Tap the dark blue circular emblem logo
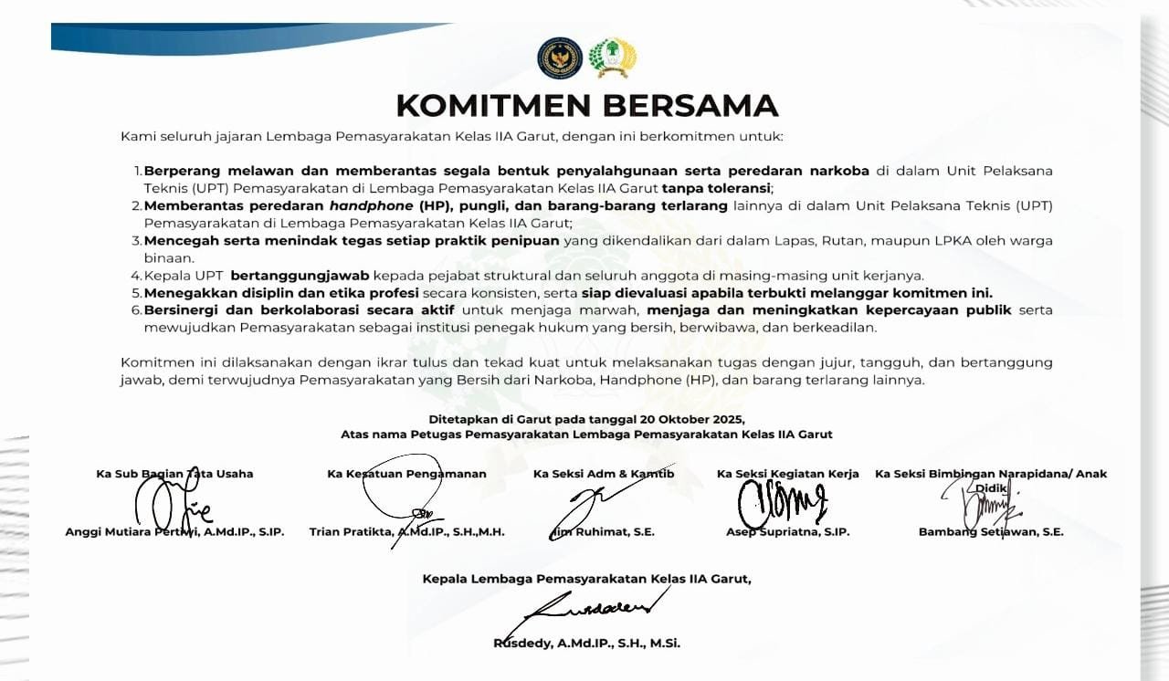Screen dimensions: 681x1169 560,58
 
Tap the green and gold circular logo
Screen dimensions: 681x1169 612,58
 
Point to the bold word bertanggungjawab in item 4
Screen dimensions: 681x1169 300,275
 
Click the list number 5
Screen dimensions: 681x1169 137,293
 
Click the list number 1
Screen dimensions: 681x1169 138,171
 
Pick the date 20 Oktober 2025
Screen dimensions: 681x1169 696,419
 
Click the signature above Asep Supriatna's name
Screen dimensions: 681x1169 782,500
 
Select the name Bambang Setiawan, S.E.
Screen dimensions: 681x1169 991,532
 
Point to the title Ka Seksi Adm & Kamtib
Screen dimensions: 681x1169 604,474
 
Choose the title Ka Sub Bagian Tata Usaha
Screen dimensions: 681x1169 174,474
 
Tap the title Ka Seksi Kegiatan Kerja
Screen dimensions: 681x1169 787,474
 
